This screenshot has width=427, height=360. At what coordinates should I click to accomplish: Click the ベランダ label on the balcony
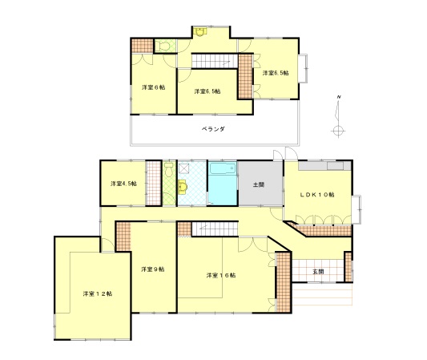(213, 129)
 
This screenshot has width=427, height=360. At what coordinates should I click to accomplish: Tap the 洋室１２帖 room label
(98, 293)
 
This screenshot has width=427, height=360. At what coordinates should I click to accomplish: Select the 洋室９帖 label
(153, 269)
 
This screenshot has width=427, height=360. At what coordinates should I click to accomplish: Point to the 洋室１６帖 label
(221, 275)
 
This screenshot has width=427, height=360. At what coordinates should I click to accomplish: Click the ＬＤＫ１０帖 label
(317, 195)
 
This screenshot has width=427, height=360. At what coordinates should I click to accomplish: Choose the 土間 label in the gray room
(259, 184)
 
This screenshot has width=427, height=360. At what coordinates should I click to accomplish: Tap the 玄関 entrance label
(318, 272)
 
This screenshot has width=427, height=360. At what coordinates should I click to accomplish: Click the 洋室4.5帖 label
(123, 184)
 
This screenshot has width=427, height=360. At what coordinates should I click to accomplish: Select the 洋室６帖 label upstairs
(153, 87)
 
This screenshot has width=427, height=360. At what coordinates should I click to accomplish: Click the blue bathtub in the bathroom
(223, 169)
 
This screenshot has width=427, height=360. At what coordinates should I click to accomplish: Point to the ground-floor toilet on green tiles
(169, 169)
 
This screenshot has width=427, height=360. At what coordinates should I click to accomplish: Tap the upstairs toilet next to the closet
(164, 46)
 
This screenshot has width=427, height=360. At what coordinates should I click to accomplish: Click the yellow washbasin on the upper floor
(200, 31)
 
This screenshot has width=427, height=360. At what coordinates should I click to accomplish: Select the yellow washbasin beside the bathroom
(183, 187)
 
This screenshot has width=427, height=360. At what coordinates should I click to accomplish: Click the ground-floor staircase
(216, 229)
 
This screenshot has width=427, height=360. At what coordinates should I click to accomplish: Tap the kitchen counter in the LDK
(324, 166)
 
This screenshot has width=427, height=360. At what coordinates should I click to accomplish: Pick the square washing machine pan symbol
(184, 168)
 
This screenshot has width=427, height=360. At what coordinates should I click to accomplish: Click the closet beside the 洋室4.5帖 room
(154, 183)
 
